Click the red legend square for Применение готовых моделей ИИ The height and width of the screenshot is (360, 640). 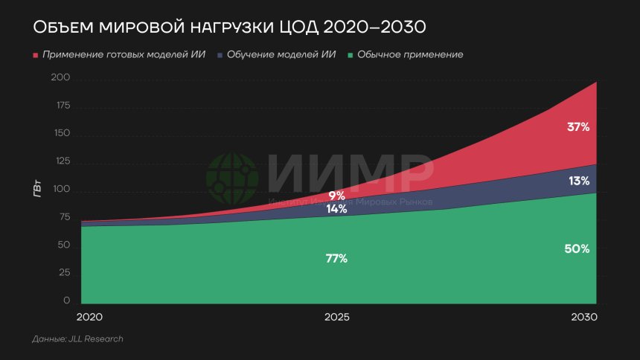35,55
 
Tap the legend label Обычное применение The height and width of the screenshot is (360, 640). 410,55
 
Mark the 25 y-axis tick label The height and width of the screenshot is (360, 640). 63,273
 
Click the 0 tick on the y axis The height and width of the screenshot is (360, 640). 66,300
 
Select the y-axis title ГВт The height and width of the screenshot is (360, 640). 36,190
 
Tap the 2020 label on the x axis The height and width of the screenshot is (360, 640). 89,317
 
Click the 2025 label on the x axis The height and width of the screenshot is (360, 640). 337,317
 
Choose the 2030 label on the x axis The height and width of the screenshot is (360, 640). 584,317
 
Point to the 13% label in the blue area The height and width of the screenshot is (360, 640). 578,181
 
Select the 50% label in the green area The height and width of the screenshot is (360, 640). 577,249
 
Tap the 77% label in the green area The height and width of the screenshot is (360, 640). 336,259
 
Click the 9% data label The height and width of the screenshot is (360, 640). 336,196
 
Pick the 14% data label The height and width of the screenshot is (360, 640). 336,209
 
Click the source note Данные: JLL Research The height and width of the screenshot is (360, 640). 77,339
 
